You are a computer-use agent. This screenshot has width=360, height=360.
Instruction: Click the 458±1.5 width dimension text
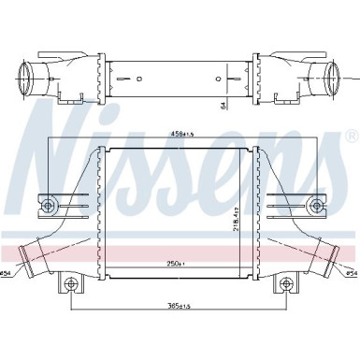(x=182, y=134)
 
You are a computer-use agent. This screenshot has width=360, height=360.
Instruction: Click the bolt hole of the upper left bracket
(x=50, y=204)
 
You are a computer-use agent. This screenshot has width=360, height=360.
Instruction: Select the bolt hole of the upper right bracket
(x=316, y=204)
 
